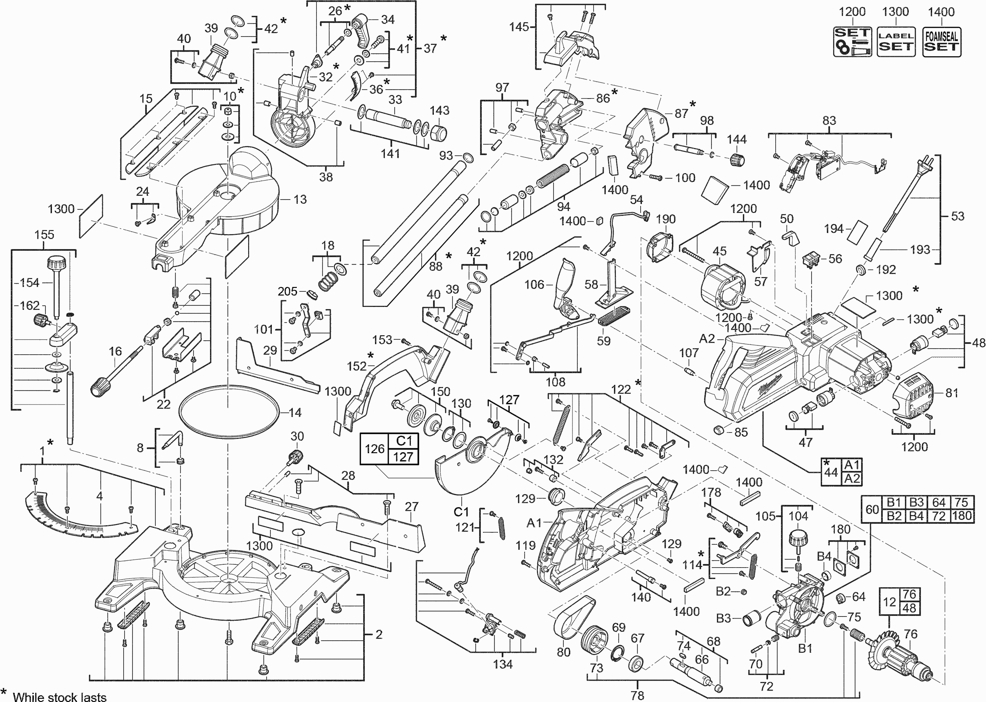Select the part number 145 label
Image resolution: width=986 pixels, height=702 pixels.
519,27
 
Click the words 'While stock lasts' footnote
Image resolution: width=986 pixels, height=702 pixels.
59,696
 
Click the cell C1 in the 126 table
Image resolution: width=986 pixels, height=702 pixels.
403,441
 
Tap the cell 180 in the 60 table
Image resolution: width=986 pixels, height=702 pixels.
962,516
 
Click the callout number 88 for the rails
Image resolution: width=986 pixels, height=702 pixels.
435,266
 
